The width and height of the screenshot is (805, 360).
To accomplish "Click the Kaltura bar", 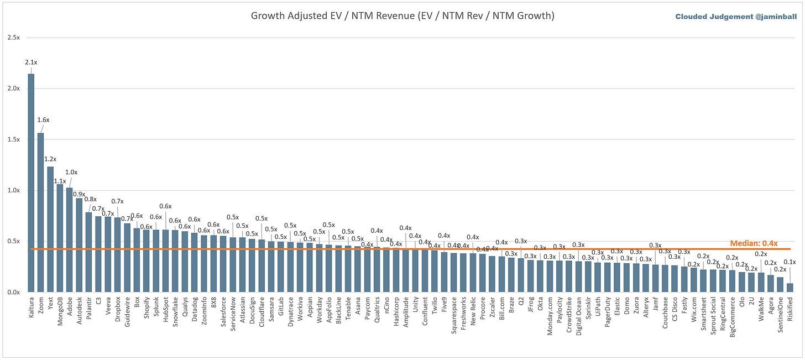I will (x=31, y=182).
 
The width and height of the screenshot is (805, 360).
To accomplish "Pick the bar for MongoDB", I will (x=60, y=238).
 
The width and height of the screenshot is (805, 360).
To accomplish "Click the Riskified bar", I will (x=789, y=288).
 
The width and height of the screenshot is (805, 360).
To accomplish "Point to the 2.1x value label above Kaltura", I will (x=31, y=62).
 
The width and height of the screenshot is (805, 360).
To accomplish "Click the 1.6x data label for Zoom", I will (x=43, y=120).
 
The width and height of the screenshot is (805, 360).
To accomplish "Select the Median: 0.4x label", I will (x=754, y=243).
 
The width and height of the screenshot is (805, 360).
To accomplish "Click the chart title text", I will (x=402, y=15).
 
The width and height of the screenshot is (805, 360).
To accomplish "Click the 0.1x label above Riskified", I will (x=790, y=262).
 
